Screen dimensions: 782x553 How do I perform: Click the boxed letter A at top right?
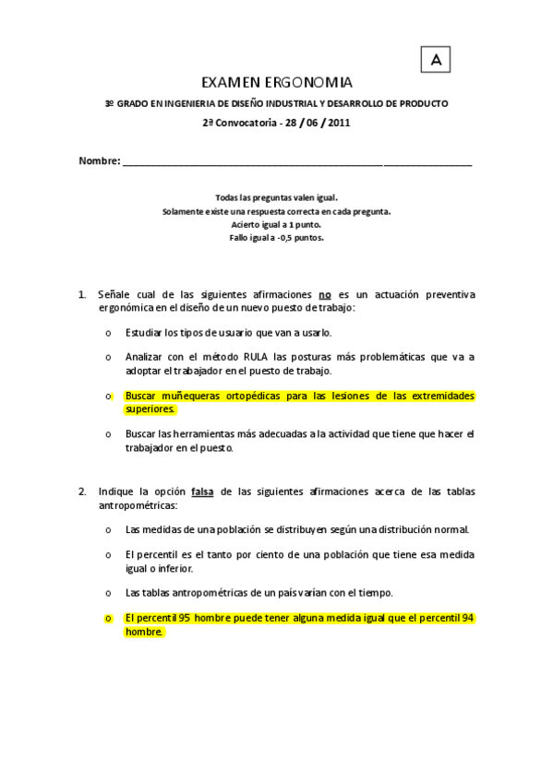point(435,60)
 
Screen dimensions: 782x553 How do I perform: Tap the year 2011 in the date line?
point(338,123)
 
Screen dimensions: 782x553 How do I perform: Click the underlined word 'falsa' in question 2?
point(202,492)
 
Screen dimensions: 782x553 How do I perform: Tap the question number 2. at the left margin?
point(82,492)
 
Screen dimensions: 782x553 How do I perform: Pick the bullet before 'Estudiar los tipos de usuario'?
point(109,333)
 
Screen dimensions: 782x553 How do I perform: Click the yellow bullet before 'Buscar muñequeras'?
point(109,397)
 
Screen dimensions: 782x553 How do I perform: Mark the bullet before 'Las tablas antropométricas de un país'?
point(109,593)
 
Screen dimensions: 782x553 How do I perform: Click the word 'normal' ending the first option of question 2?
point(451,530)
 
